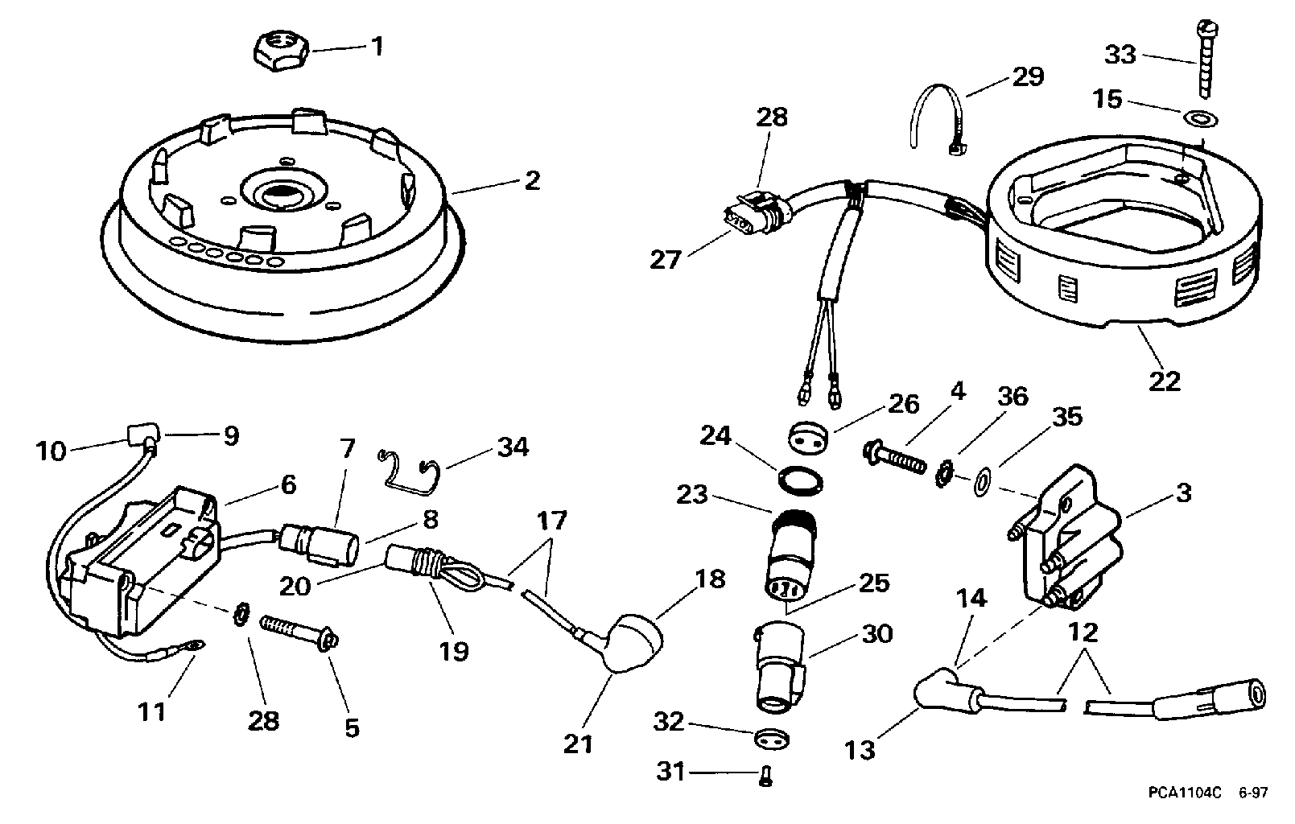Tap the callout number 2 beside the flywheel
532,180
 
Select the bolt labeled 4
893,459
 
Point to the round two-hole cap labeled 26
808,437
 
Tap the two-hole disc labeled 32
772,740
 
